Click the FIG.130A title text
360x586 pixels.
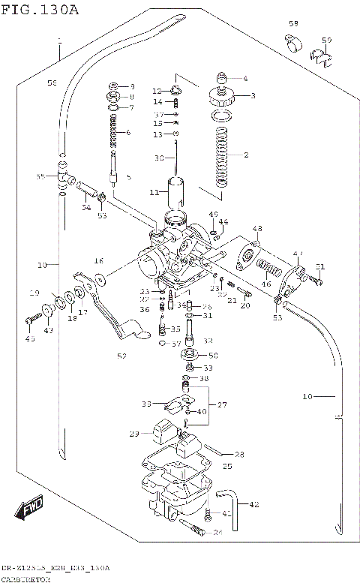coord(40,9)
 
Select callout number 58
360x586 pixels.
coord(294,24)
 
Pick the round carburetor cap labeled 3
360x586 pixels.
coord(221,96)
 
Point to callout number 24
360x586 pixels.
coord(218,533)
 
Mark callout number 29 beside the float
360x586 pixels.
coord(134,434)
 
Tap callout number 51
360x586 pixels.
coord(320,267)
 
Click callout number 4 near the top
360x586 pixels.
coord(244,79)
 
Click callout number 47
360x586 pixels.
coord(298,253)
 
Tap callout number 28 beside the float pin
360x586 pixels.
coord(239,454)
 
